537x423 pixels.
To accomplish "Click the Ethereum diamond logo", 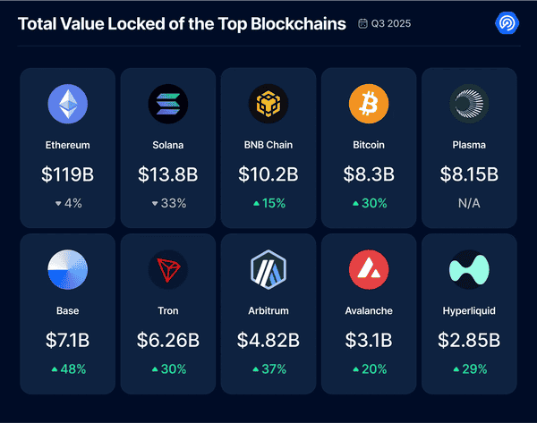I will click(x=68, y=106).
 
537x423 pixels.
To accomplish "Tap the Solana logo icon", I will click(x=168, y=106).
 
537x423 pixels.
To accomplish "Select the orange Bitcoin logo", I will click(x=369, y=106).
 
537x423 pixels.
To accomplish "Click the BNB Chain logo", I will click(x=268, y=106).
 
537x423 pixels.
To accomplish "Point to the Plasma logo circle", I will click(x=469, y=106).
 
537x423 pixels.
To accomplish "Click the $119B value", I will click(x=68, y=174).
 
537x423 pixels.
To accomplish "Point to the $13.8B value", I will click(x=168, y=174).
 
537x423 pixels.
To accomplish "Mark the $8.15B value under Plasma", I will click(x=469, y=174).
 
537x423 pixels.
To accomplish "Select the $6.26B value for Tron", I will click(x=168, y=341).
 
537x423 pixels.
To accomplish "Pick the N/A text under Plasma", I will click(x=469, y=203).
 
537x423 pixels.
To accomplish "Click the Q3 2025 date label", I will click(x=385, y=24).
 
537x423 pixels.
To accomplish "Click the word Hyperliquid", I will click(x=469, y=310).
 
